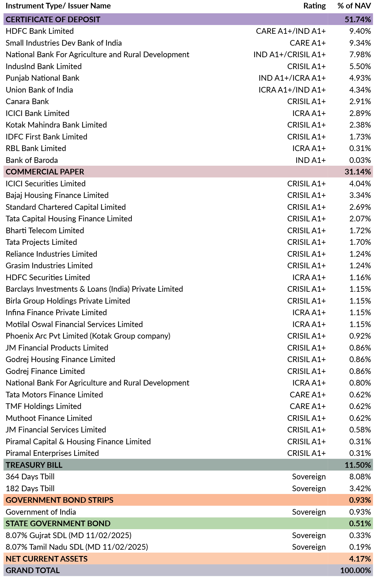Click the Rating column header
point(314,6)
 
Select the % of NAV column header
point(354,6)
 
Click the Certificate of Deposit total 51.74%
point(358,19)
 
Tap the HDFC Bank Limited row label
point(40,31)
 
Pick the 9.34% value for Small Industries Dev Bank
point(360,43)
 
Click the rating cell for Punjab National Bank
point(292,78)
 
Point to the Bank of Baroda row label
point(32,160)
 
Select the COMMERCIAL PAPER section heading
point(45,172)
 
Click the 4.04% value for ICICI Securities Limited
point(360,184)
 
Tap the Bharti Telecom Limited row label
point(45,230)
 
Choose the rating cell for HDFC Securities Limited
point(309,277)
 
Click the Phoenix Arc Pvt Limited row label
point(88,336)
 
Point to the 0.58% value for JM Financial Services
point(360,430)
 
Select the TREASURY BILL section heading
point(34,465)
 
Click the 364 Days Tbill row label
point(30,477)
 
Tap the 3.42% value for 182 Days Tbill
point(360,488)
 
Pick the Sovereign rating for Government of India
point(309,512)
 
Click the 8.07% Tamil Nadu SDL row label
point(77,547)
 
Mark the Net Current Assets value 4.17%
point(360,559)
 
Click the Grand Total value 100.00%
point(356,570)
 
